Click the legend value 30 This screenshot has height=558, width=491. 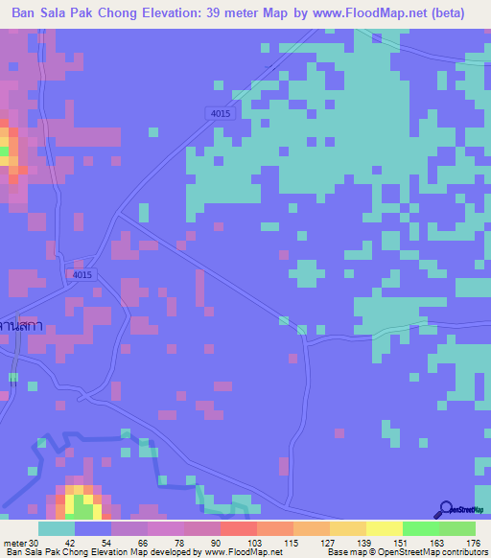tap(35, 542)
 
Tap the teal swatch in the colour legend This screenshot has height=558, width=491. tap(57, 528)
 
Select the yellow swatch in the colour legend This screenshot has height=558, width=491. tap(385, 528)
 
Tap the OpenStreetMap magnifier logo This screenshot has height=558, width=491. tap(446, 509)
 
